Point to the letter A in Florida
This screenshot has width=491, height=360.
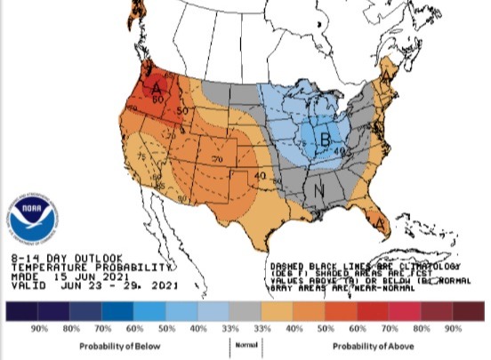tap(381, 225)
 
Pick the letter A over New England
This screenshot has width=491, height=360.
tap(388, 68)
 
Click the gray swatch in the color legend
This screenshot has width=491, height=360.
tap(244, 312)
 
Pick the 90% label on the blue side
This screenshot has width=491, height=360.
tap(39, 329)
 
